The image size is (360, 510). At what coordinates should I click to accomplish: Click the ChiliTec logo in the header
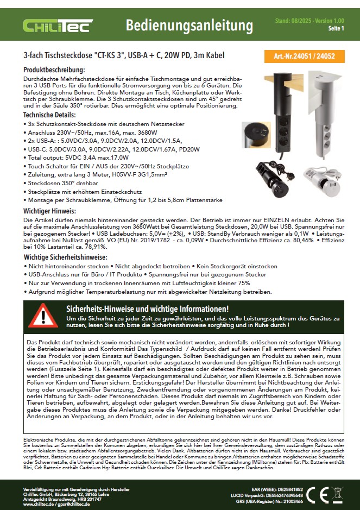(x=58, y=26)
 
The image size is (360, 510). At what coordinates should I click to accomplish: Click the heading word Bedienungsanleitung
(x=189, y=26)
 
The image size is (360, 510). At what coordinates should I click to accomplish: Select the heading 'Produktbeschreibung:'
(x=54, y=71)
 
